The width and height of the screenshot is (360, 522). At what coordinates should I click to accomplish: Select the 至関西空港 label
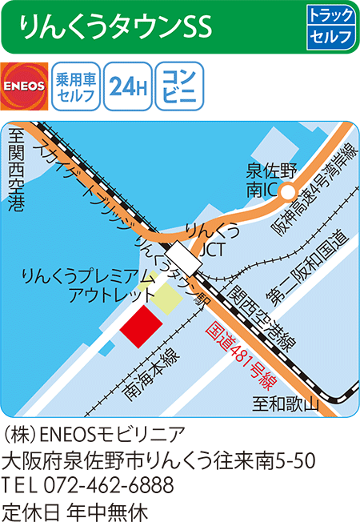coord(15,172)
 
